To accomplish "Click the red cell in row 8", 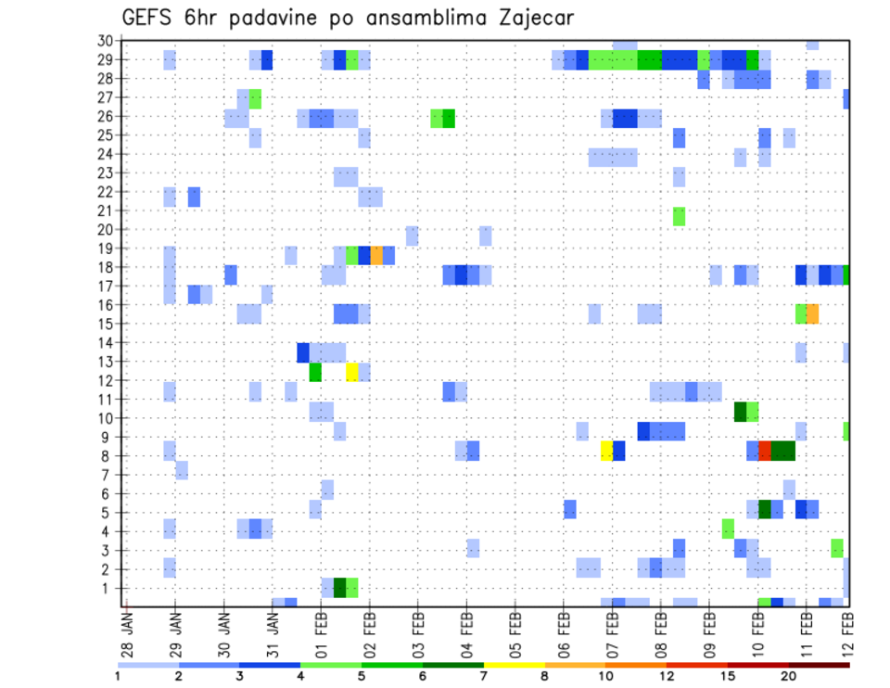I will point(765,451).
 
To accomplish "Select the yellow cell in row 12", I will point(352,372).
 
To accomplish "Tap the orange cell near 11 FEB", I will point(812,313).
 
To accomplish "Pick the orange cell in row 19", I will point(376,255).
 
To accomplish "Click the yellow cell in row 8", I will point(606,451).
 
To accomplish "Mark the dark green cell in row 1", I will point(339,588).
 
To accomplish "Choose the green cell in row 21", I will point(679,216).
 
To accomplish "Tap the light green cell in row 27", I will point(255,98).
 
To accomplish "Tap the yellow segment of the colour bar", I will point(515,665).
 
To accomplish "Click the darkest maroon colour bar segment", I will point(820,665).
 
